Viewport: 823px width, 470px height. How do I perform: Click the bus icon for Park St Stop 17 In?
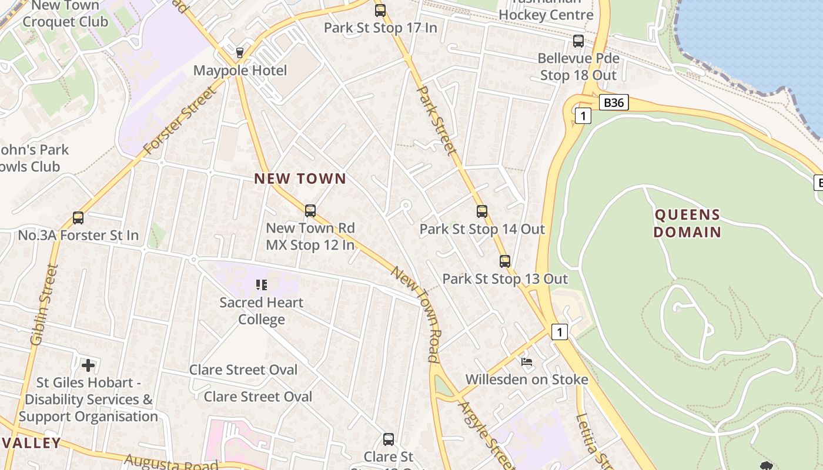click(380, 10)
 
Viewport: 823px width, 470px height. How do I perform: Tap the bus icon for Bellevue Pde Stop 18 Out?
click(578, 41)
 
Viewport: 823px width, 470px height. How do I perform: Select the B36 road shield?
click(614, 103)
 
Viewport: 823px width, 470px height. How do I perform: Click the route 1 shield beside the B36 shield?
click(583, 116)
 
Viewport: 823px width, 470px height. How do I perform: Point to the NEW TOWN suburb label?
click(300, 179)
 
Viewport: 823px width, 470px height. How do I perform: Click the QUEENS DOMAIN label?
click(687, 223)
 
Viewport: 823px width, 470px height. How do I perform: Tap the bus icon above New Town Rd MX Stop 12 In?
click(310, 210)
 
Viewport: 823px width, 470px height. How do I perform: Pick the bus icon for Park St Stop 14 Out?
click(482, 211)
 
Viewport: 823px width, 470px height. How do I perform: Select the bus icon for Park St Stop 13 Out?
click(505, 261)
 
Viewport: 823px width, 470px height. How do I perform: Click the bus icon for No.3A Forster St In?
click(78, 218)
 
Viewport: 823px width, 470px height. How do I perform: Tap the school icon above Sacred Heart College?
click(262, 285)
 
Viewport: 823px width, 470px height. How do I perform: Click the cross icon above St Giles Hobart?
click(88, 365)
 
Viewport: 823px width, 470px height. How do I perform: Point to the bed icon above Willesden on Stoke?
click(527, 361)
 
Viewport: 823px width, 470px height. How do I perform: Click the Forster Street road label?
click(179, 121)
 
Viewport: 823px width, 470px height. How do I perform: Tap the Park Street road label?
click(436, 120)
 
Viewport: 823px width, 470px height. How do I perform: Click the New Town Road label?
click(416, 314)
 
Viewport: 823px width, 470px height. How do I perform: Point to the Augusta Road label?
click(171, 463)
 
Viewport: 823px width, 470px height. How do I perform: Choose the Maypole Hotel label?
click(240, 71)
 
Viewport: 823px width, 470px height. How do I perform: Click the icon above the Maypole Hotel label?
click(240, 53)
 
